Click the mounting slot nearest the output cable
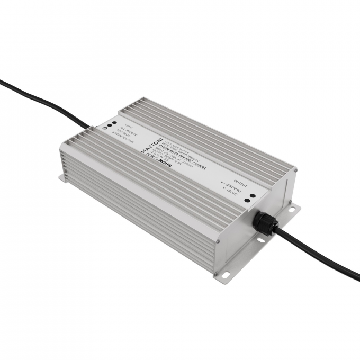coord(261,241)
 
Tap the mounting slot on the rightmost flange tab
coord(291,211)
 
